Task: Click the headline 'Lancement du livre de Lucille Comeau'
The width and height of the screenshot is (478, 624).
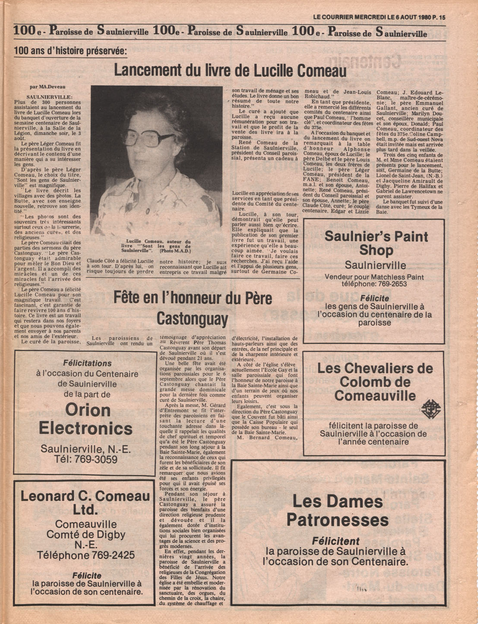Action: click(x=230, y=70)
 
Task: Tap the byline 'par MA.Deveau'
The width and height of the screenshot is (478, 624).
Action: click(x=47, y=87)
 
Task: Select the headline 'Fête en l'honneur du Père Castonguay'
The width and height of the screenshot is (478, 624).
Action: click(x=193, y=308)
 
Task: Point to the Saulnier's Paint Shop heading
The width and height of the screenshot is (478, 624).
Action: click(x=376, y=243)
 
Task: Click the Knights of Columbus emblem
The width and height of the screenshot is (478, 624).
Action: click(x=428, y=408)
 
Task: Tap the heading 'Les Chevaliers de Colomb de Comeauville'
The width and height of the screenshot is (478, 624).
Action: click(x=375, y=382)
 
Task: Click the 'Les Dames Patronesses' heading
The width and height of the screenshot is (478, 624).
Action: click(x=337, y=510)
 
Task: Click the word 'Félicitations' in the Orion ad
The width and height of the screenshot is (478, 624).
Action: click(x=87, y=363)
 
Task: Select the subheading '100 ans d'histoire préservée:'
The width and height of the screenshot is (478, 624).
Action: click(x=70, y=51)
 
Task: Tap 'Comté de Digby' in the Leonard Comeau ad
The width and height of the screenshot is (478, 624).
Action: click(x=85, y=535)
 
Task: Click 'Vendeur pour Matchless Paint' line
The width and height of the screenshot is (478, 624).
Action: click(x=374, y=277)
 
